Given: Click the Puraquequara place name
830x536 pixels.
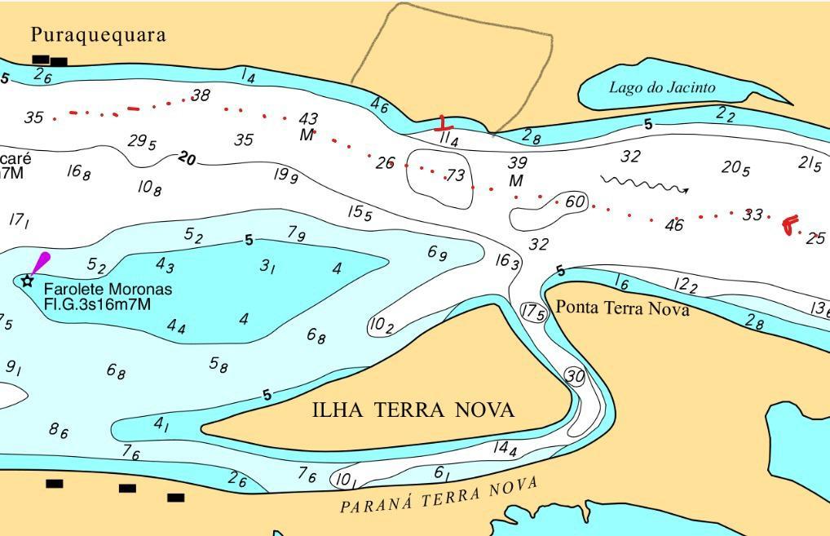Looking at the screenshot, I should click(98, 34).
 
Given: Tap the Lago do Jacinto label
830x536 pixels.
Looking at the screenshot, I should click(662, 87).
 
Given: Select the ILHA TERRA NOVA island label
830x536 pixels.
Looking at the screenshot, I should click(413, 410).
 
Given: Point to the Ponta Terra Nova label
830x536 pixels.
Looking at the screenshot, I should click(622, 308).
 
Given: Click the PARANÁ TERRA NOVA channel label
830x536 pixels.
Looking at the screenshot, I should click(439, 495).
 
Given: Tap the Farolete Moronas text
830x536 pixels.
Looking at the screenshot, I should click(108, 290).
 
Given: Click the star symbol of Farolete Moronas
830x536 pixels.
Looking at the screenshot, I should click(28, 281).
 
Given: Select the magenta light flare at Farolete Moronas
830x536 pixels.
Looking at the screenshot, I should click(39, 263).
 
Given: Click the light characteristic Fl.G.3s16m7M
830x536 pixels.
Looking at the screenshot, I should click(98, 305).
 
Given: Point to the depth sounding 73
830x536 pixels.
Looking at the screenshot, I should click(455, 175).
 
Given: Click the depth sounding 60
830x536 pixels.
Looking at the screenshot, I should click(575, 202).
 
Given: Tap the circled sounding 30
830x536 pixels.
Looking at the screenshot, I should click(575, 376).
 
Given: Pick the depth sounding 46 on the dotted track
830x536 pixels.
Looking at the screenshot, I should click(673, 225).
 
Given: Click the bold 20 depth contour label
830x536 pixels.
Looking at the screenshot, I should click(187, 158).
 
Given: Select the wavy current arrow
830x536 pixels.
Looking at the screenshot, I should click(644, 185).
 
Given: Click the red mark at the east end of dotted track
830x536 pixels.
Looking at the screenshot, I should click(789, 224).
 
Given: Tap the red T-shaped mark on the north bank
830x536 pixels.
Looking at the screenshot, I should click(443, 124).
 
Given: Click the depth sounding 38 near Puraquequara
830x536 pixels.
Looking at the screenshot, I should click(200, 96).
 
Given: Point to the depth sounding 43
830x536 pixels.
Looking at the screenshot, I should click(308, 121).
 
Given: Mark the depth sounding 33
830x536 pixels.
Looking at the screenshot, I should click(753, 215).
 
